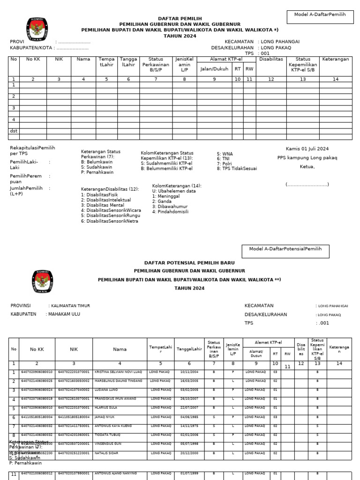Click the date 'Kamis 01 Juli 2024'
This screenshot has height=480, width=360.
pos(307,149)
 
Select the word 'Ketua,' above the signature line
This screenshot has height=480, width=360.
pos(307,166)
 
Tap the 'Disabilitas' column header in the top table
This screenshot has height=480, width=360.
pos(271,60)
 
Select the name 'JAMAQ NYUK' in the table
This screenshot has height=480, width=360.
pos(104,417)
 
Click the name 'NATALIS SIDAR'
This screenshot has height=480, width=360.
pos(106,453)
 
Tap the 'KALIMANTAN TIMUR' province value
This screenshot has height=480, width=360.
pos(70,306)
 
